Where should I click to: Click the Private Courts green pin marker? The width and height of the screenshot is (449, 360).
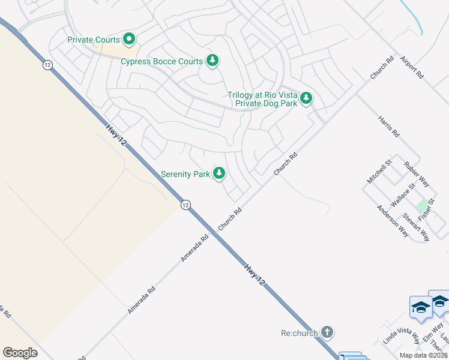click(129, 40)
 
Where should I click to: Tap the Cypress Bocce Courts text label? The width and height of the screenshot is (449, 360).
click(161, 61)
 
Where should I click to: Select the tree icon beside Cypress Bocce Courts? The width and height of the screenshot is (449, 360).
click(212, 60)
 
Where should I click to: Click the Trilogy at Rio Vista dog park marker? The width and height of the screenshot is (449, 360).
click(306, 98)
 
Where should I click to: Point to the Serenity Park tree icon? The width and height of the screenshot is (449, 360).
click(219, 173)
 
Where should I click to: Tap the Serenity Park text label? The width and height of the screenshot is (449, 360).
click(185, 175)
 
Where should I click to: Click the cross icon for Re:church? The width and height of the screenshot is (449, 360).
click(327, 332)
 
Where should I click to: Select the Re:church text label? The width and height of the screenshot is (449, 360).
click(299, 333)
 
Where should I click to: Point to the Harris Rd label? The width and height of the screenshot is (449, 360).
click(388, 127)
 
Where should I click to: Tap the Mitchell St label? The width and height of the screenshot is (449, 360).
click(379, 171)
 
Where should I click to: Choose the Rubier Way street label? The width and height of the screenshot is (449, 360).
click(416, 174)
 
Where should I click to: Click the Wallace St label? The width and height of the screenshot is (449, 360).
click(403, 196)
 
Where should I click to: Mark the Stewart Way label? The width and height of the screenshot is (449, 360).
click(415, 227)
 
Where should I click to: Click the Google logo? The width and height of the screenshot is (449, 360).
click(20, 353)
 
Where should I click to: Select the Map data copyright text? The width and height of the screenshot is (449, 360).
click(424, 355)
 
